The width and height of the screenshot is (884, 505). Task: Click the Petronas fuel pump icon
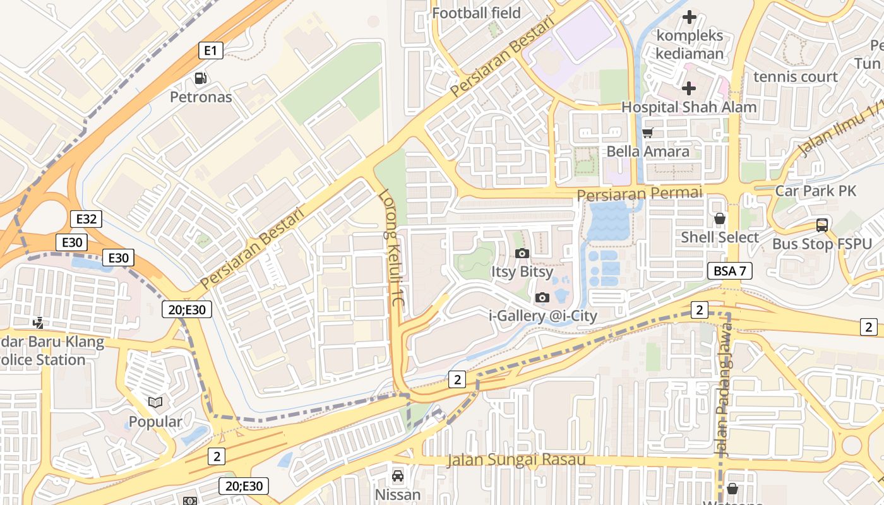coord(201,78)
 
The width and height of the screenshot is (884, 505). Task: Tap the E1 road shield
coord(210,50)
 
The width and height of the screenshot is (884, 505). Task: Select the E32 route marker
coord(86,219)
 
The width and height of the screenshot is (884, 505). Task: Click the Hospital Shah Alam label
coord(689,107)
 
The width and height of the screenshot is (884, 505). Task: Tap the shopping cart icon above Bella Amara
coord(647,133)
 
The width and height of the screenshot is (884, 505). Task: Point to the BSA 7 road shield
coord(729,271)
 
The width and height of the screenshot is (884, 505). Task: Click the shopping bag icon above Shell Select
coord(719,219)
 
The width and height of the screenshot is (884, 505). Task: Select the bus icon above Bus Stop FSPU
coord(821,225)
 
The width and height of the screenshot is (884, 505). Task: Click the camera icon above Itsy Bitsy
coord(522,253)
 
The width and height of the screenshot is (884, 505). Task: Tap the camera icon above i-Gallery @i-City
coord(542,297)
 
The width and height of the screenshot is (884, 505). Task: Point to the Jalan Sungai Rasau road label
coord(517,460)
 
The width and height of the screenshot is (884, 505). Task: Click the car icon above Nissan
coord(398,475)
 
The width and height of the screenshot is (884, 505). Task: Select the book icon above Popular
coord(155,402)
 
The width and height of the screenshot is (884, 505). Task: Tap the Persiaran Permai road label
coord(639,193)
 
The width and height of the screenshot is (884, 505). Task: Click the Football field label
coord(476,13)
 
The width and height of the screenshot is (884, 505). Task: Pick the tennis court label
coord(796,77)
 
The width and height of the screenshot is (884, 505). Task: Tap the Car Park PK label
coord(816,191)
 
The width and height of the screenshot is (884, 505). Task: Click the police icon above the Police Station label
coord(39,323)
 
